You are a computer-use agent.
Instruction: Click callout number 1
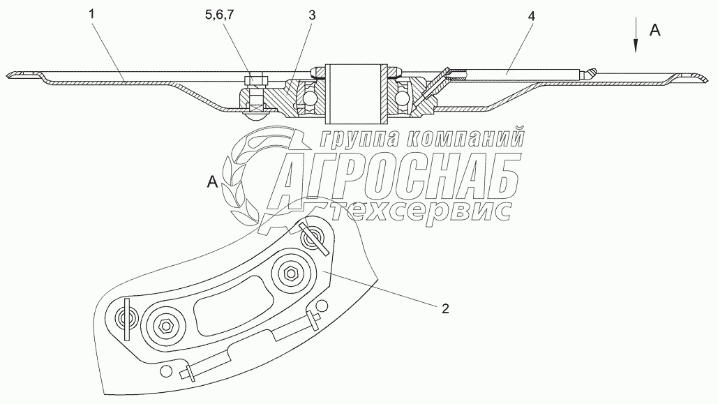coord(91,14)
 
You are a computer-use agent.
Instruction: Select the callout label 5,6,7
coord(219,15)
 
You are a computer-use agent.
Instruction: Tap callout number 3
coord(312,15)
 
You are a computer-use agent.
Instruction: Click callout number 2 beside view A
coord(445,308)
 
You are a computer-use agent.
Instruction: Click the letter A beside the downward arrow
coord(655,30)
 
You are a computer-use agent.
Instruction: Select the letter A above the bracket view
coord(212,182)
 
